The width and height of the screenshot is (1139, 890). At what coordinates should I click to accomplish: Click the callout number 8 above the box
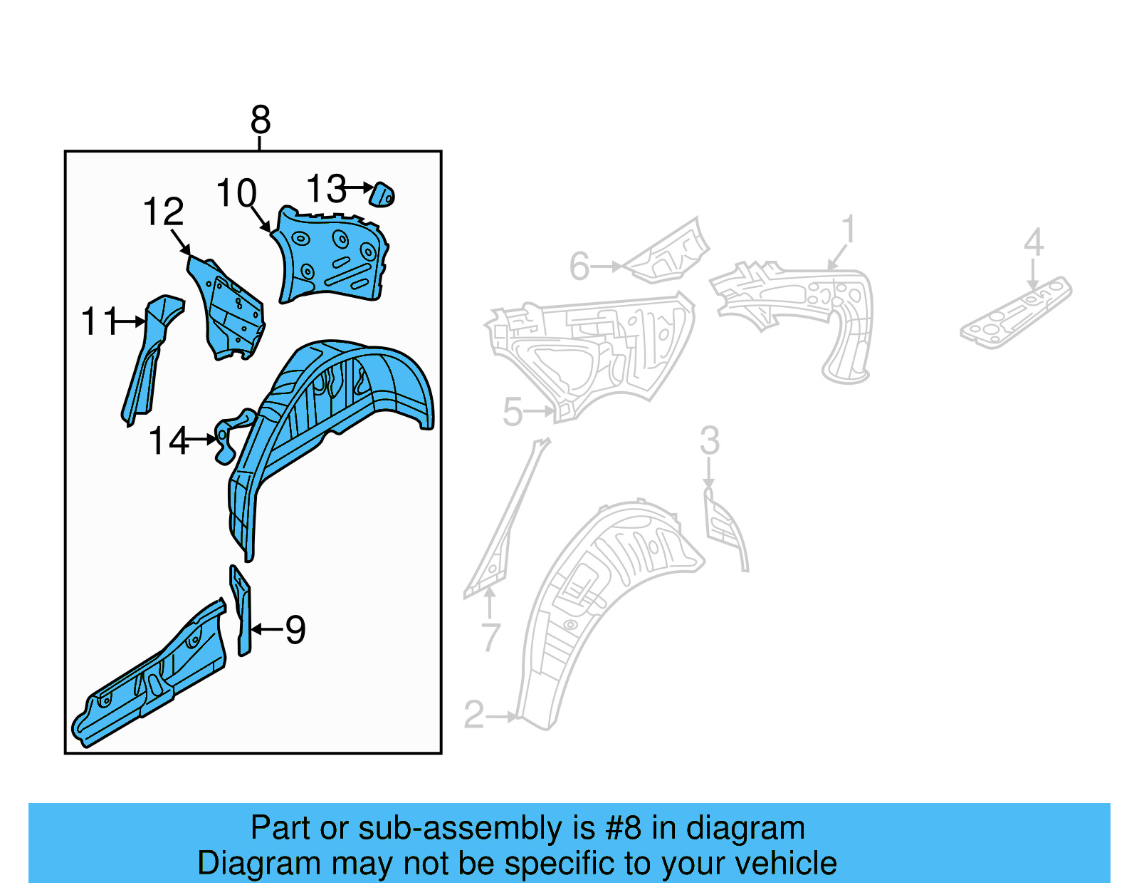(261, 120)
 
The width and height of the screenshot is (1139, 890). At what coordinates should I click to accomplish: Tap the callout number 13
(326, 189)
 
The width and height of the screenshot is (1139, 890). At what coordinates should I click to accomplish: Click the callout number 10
(236, 193)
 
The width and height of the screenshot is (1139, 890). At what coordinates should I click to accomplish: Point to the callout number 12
(163, 212)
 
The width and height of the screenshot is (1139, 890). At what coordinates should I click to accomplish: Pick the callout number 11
(98, 321)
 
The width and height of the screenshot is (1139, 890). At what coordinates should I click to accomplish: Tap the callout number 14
(168, 441)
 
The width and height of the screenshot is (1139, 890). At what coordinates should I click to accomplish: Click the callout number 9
(295, 629)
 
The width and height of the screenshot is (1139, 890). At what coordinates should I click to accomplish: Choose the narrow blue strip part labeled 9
(242, 613)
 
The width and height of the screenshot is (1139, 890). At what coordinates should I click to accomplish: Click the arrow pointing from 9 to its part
(267, 629)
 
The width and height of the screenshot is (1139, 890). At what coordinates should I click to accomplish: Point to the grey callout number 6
(579, 267)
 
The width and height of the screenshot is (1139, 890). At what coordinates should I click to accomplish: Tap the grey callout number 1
(848, 229)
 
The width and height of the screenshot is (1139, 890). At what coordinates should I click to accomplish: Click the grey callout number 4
(1034, 242)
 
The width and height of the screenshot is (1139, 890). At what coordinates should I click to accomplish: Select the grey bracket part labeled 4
(1017, 314)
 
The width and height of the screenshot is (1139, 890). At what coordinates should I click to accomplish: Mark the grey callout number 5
(513, 412)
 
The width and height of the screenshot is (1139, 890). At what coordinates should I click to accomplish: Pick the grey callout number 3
(709, 440)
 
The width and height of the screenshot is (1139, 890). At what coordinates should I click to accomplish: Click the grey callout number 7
(490, 636)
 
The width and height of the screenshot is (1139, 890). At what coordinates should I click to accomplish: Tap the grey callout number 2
(474, 715)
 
